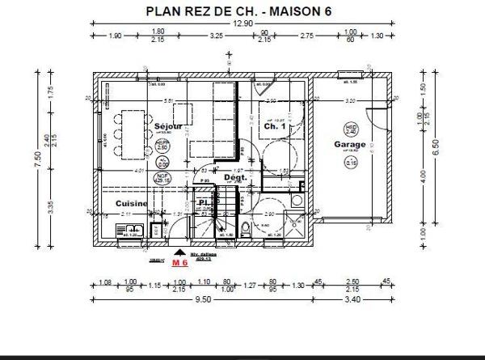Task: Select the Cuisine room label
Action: [131, 203]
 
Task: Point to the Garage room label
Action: [350, 145]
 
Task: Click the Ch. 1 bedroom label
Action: [275, 127]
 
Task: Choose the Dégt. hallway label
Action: [234, 176]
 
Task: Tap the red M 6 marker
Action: [179, 263]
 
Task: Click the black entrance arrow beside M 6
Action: [179, 252]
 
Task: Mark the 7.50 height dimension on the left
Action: [36, 160]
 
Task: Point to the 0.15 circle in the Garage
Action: [352, 163]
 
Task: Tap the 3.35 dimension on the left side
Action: [49, 206]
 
